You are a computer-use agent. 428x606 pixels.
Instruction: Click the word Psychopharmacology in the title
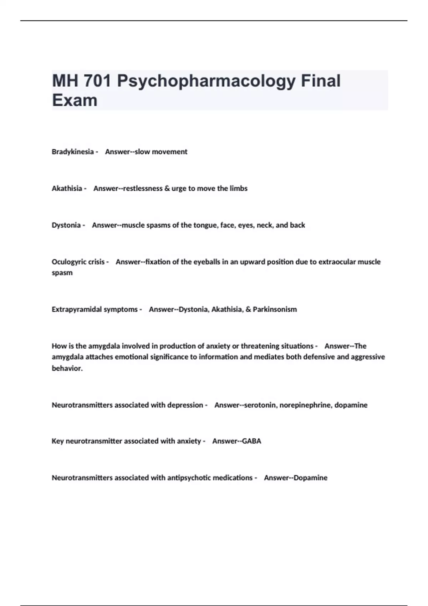(x=206, y=81)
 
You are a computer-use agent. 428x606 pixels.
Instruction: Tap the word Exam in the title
(x=75, y=100)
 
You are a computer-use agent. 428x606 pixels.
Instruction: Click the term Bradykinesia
(x=73, y=152)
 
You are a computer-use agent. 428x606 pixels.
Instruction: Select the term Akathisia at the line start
(x=67, y=189)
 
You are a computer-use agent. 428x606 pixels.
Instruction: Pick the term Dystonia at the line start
(x=66, y=225)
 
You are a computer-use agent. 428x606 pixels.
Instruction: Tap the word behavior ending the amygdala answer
(x=67, y=369)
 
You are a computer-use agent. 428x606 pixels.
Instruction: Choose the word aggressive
(x=368, y=357)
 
